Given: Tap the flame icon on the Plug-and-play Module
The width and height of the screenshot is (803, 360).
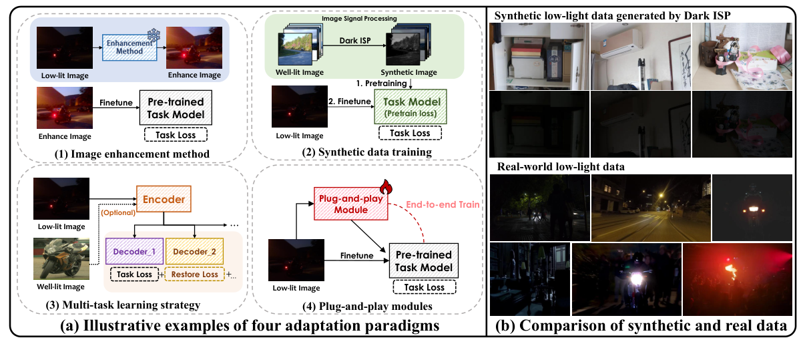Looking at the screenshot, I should coord(384,185).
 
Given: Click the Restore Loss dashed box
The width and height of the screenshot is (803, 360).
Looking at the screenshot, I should coord(195,273).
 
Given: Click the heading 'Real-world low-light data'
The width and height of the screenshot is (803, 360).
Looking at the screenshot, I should coord(547,166).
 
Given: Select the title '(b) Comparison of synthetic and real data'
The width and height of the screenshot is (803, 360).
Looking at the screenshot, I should coord(642,327).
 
